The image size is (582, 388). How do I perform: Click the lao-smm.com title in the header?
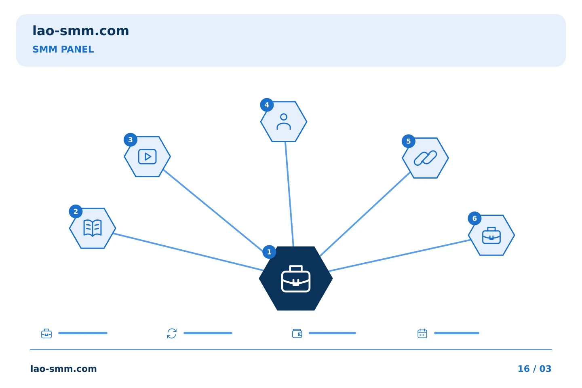pos(80,31)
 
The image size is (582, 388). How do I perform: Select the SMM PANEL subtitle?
pos(63,49)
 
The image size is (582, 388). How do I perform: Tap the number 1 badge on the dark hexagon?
pos(269,252)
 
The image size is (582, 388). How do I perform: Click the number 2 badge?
pos(76,211)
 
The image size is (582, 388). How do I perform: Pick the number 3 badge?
pos(131,140)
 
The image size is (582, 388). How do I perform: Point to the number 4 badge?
pos(267,105)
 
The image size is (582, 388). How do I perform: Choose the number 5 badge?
pos(409,141)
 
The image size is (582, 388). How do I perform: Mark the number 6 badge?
pos(474,219)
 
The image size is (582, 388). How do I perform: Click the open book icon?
pos(93,228)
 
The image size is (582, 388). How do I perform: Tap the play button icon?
pos(147,157)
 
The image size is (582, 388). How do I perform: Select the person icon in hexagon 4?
pos(284,122)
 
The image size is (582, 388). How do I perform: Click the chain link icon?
pos(425,158)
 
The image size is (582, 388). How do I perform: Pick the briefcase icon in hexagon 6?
pos(491,236)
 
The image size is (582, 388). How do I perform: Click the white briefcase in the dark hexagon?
pos(296,279)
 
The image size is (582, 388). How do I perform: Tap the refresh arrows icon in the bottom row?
pos(172,333)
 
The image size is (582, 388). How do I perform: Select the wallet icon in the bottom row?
pos(297,333)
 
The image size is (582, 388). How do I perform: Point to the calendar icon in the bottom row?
pos(422,333)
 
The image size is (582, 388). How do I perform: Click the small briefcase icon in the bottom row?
pos(46,334)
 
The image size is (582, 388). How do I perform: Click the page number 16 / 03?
pos(534,369)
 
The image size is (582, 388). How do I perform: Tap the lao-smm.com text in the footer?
pos(64,369)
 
